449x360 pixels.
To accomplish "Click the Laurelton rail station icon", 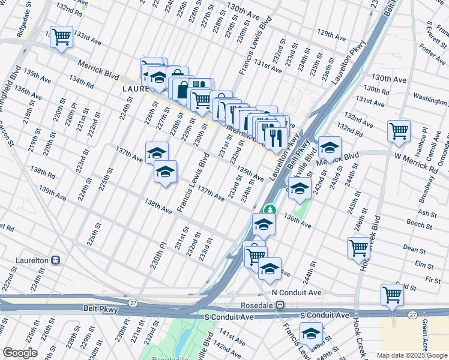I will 56,261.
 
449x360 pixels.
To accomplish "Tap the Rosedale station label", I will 256,305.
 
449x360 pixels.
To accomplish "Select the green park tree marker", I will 271,209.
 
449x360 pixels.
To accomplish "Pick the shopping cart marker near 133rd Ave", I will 61,37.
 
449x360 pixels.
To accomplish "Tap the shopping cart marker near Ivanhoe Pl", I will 399,130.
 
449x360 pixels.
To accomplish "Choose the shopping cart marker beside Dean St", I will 358,248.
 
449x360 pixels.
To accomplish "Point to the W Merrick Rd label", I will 415,163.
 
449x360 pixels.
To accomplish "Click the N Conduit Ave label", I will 297,293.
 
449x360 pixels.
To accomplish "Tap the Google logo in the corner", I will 20,353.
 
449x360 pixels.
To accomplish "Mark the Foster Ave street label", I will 433,53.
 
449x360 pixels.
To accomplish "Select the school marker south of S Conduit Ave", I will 311,333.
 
